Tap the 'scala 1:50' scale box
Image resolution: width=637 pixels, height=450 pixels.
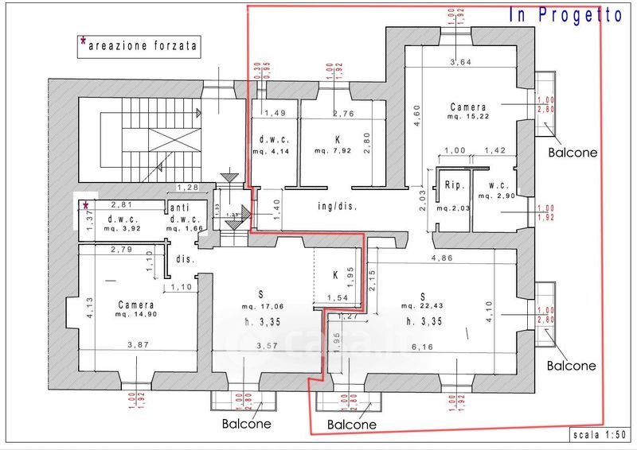coord(599,435)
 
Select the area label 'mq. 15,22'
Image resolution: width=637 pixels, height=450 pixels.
coord(467,117)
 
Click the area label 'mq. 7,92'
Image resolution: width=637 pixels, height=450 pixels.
coord(331,150)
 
